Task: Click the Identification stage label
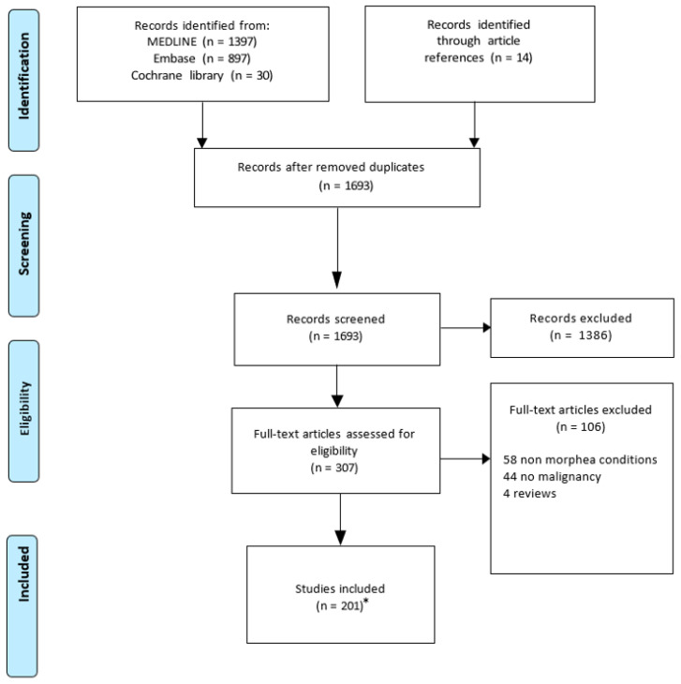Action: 23,76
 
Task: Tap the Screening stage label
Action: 23,244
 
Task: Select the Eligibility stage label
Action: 24,409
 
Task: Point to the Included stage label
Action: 23,574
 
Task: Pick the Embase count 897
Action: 239,58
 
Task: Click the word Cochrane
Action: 156,76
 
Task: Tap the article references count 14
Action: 523,57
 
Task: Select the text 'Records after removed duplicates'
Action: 331,167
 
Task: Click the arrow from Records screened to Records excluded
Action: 466,328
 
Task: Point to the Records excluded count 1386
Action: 595,335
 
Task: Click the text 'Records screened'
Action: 335,320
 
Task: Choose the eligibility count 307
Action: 347,468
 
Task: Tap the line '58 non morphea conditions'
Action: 580,460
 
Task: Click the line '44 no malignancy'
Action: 552,477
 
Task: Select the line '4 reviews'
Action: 529,494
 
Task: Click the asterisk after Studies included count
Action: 366,602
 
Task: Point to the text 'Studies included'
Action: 340,589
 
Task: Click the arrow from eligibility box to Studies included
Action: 340,519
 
